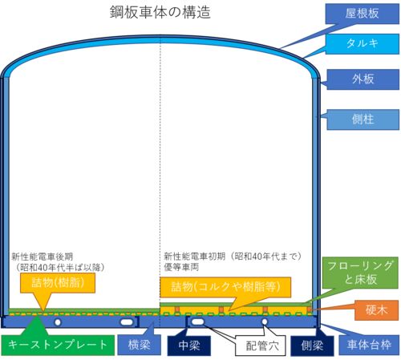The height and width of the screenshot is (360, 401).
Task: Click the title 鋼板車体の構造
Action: tap(160, 12)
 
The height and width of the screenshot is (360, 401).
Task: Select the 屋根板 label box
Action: tap(363, 14)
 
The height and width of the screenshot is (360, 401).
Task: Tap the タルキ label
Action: tap(363, 43)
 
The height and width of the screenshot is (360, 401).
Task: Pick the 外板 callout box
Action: tap(363, 79)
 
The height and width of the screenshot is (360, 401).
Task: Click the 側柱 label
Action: tap(363, 119)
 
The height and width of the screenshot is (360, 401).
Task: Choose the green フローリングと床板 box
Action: tap(360, 273)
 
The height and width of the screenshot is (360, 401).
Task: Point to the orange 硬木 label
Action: tap(376, 310)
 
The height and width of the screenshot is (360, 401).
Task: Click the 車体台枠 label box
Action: tap(369, 346)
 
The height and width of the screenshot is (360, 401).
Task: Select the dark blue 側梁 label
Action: tap(312, 346)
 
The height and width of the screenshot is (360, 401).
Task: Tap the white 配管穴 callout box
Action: tap(260, 346)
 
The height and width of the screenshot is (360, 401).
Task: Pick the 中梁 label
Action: tap(189, 346)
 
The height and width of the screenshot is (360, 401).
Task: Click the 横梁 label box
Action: tap(139, 345)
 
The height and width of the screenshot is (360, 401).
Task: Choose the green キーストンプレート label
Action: tap(58, 345)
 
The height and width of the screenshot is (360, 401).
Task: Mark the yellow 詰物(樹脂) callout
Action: tap(58, 283)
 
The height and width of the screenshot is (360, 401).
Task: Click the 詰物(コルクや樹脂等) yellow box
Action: tap(225, 287)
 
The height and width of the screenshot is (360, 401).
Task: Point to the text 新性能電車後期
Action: tap(42, 257)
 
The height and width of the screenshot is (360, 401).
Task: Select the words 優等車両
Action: tap(181, 267)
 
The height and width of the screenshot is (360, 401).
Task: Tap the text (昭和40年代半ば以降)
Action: tap(60, 267)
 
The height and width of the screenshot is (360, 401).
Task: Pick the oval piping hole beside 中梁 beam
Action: tap(198, 322)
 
